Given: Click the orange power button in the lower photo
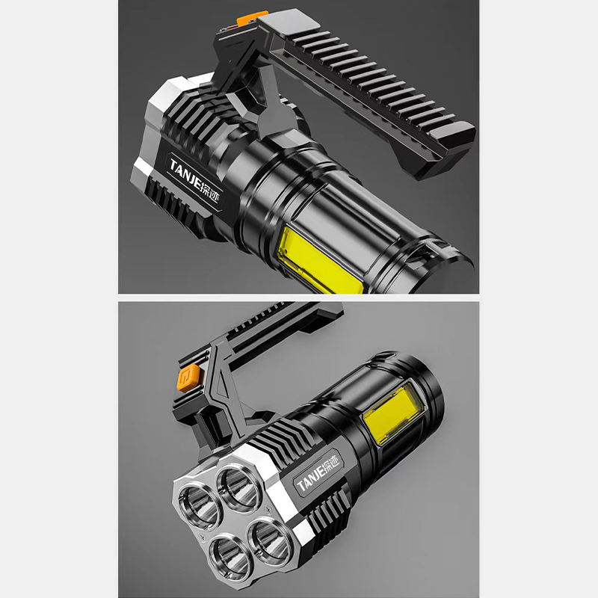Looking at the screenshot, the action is tap(188, 377).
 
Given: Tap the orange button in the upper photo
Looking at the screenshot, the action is tap(252, 17).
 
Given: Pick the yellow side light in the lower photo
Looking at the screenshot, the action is tap(394, 414).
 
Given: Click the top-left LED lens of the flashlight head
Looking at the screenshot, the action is tap(199, 505).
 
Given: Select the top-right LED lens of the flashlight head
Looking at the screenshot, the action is tap(239, 487).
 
